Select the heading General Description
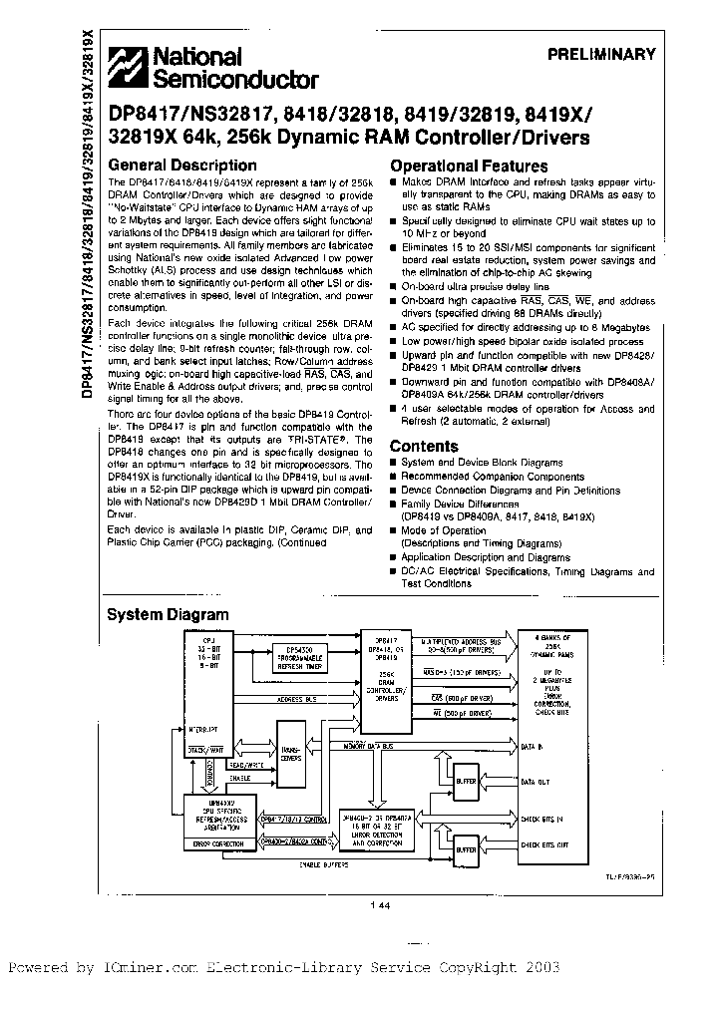[x=181, y=166]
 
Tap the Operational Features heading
[x=469, y=167]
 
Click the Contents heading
[x=424, y=446]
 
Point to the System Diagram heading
[x=168, y=615]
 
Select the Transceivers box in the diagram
[x=292, y=756]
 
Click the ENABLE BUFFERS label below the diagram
[x=320, y=866]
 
